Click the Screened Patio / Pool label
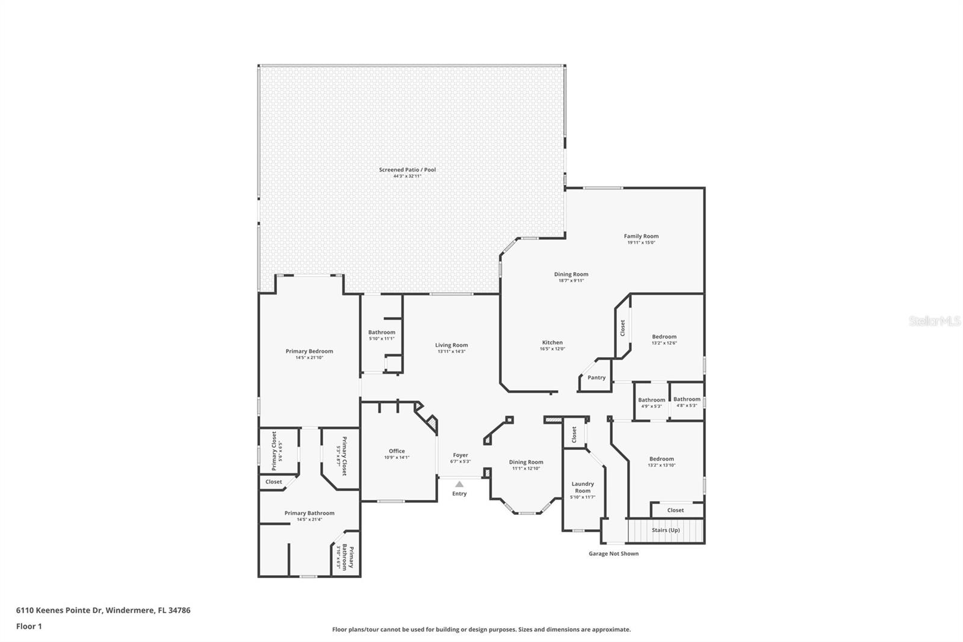(x=407, y=170)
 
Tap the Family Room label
(x=641, y=236)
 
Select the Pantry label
(x=596, y=378)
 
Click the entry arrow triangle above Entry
(x=459, y=484)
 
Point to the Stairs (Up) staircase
(x=666, y=531)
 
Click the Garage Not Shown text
(x=613, y=553)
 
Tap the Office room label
(x=397, y=451)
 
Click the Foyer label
(x=460, y=455)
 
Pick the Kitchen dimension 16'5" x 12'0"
(x=553, y=349)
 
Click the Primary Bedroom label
(x=309, y=351)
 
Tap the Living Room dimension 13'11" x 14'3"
(x=451, y=352)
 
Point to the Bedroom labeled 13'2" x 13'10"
(x=661, y=459)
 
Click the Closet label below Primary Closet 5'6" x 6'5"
(x=274, y=482)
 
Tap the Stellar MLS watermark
(x=934, y=321)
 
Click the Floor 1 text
(x=29, y=626)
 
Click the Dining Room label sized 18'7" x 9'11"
(x=571, y=274)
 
